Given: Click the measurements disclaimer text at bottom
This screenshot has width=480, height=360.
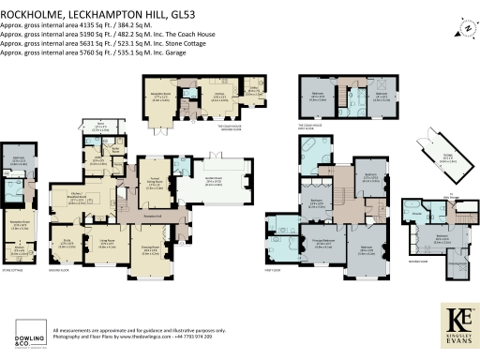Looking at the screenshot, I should [x=140, y=331].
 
